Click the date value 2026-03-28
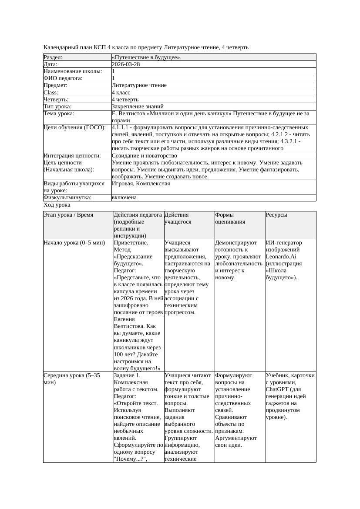pyautogui.click(x=126, y=64)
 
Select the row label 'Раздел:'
pyautogui.click(x=53, y=57)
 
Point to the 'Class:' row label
pyautogui.click(x=51, y=93)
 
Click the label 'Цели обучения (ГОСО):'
pyautogui.click(x=74, y=128)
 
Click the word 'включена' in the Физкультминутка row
pyautogui.click(x=124, y=198)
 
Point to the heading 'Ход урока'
pyautogui.click(x=57, y=205)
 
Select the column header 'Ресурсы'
pyautogui.click(x=276, y=215)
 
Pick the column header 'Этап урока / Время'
pyautogui.click(x=68, y=215)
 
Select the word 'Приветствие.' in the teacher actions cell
pyautogui.click(x=131, y=243)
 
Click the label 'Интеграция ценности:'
pyautogui.click(x=72, y=156)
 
